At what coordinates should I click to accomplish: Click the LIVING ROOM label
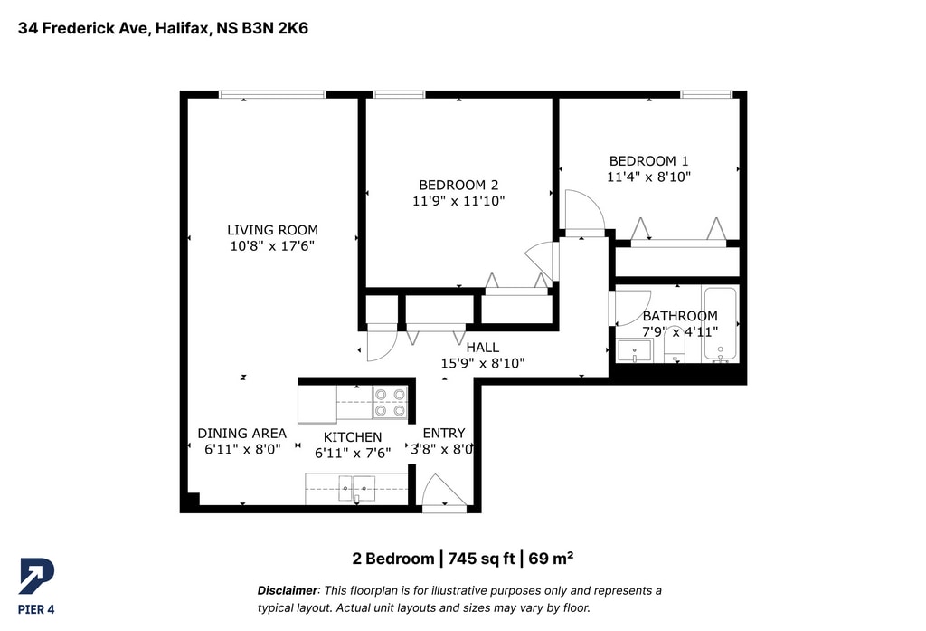coord(272,230)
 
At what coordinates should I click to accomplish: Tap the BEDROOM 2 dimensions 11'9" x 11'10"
coord(458,201)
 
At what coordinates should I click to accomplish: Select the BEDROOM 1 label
coord(648,161)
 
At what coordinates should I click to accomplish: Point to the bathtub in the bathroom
coord(720,324)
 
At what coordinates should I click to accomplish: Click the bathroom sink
coord(635,350)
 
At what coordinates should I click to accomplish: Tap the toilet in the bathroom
coord(674,346)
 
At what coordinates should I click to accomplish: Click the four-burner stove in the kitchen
coord(390,402)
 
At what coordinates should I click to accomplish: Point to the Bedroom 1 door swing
coord(584,210)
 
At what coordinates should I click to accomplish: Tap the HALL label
coord(483,347)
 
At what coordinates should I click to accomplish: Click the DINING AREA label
coord(241,434)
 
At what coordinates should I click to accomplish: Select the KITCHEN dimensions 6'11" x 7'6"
coord(353,453)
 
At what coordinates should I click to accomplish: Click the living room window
coord(272,94)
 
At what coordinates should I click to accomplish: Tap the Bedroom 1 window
coord(706,94)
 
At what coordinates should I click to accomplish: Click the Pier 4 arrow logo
coord(36,576)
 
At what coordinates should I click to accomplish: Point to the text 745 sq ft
coord(481,559)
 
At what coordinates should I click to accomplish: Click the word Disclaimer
coord(287,590)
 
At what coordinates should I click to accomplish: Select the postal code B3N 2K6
coord(275,28)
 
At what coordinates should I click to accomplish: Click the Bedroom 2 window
coord(399,94)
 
